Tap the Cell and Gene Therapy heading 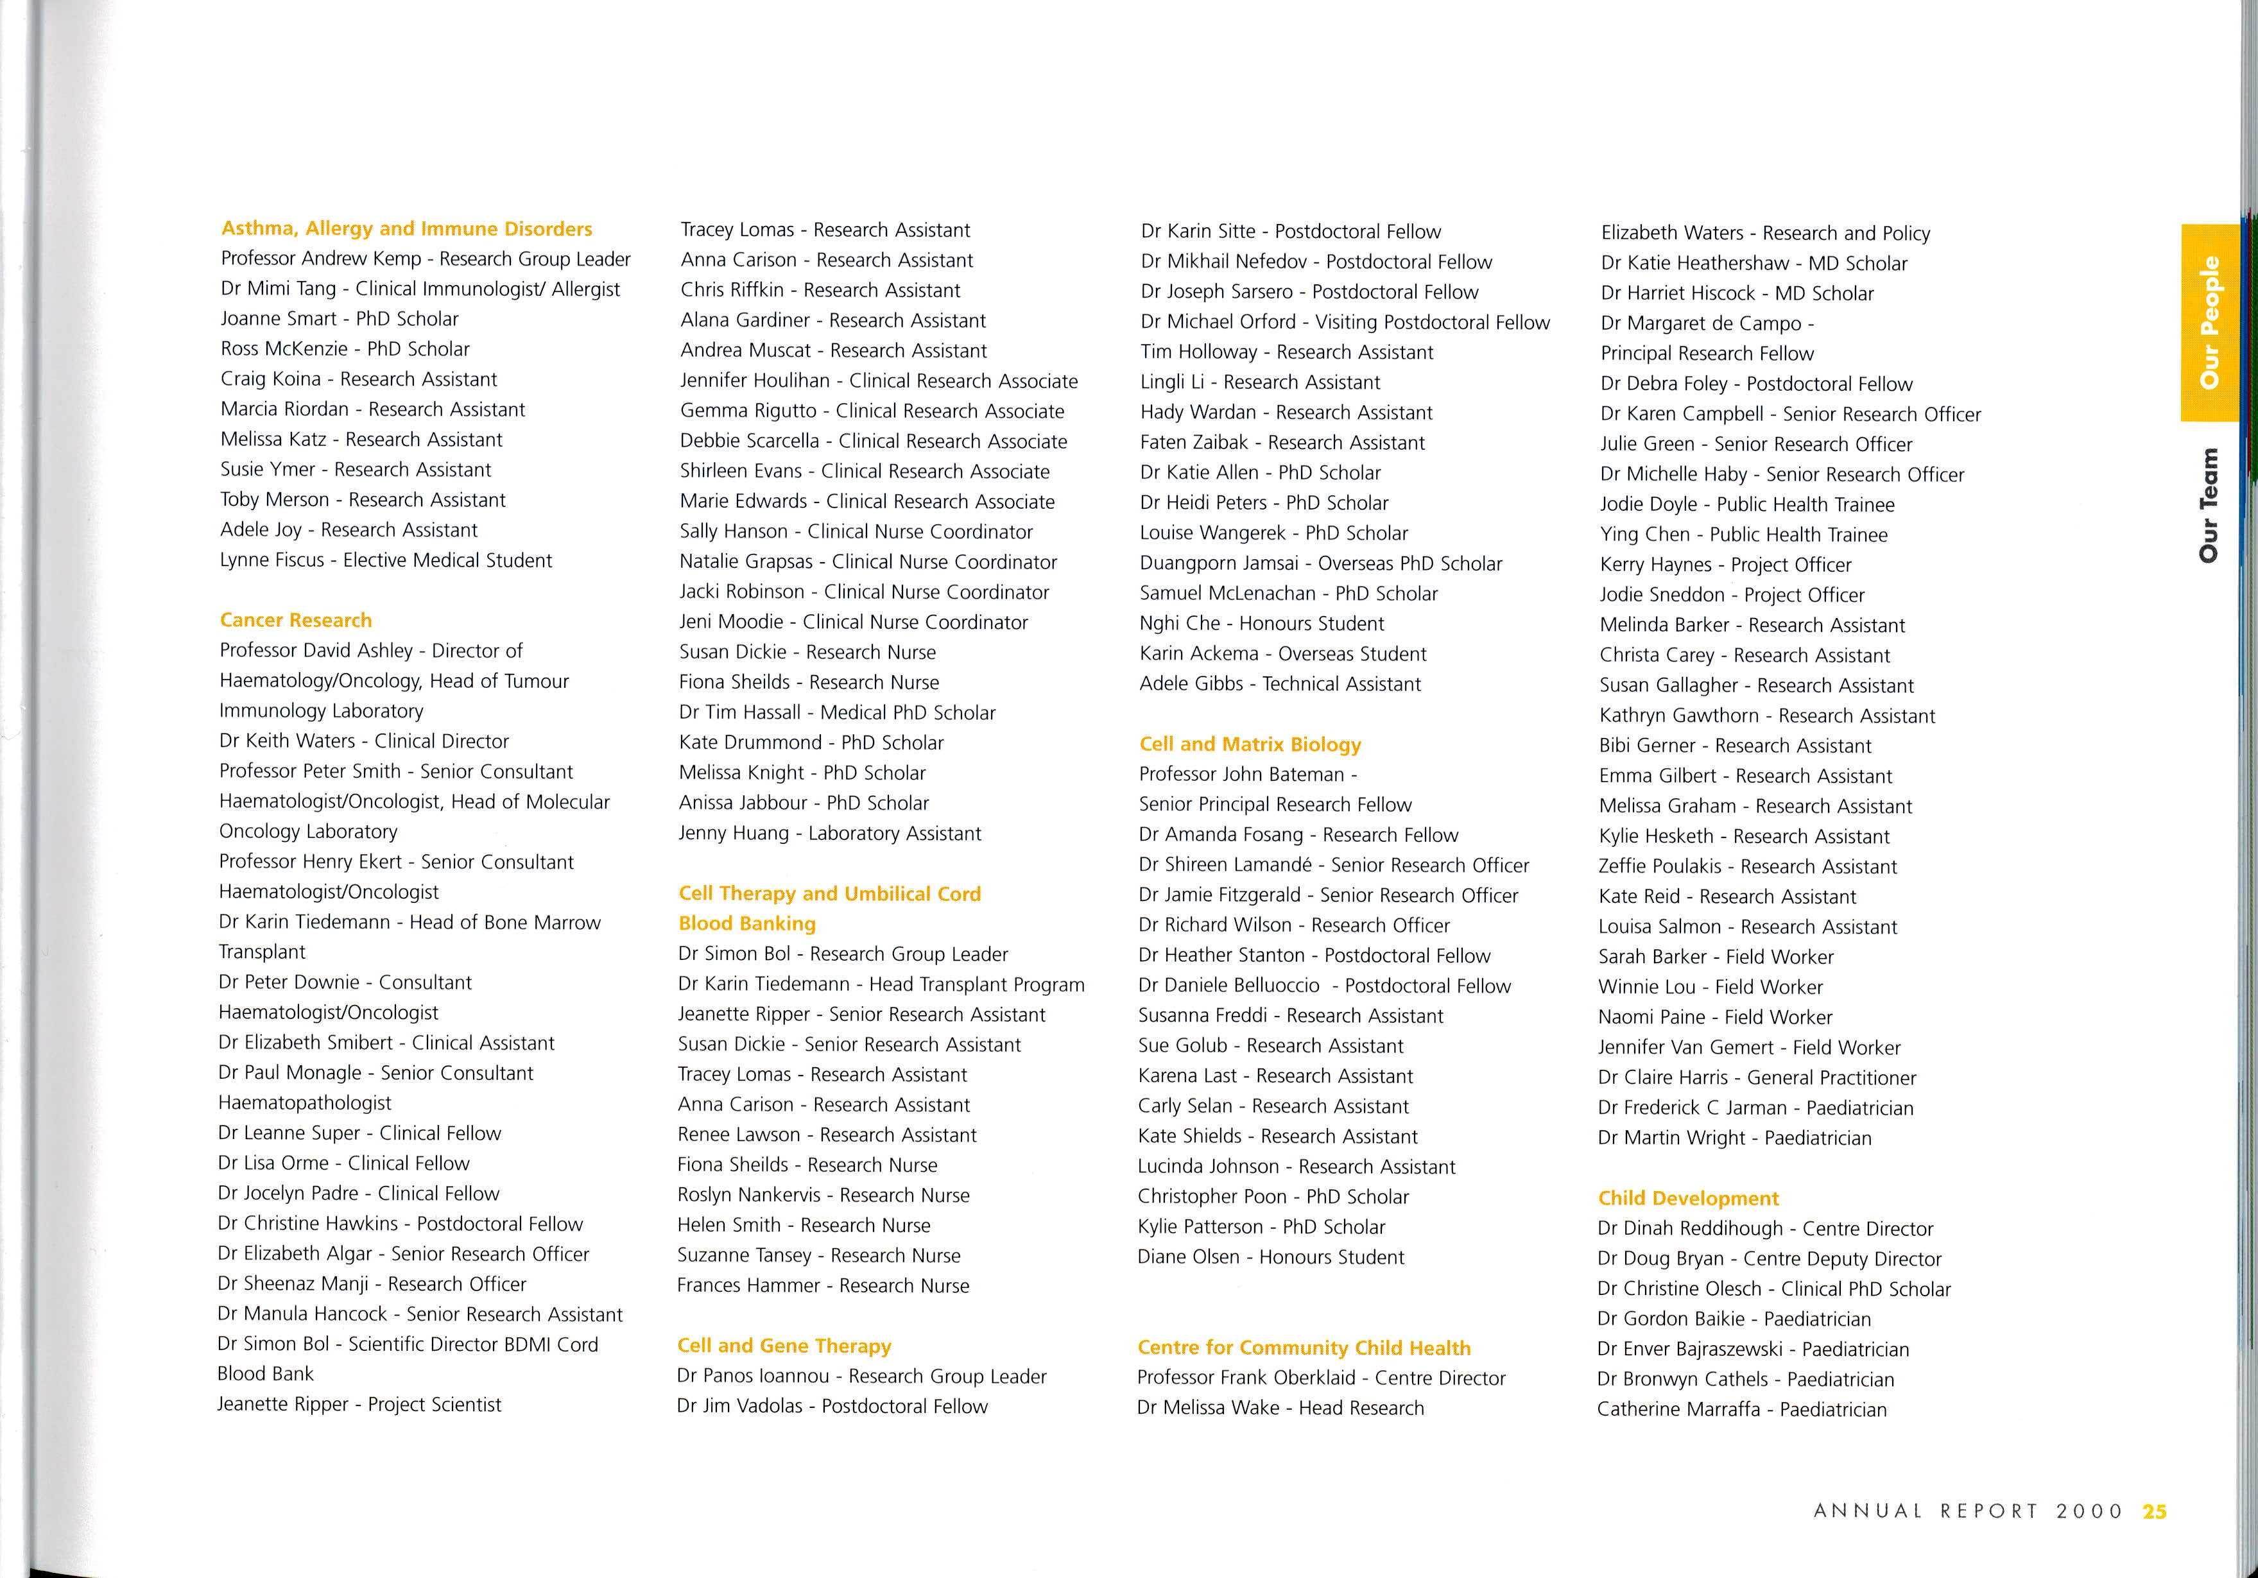pyautogui.click(x=784, y=1346)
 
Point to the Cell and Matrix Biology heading pyautogui.click(x=1250, y=744)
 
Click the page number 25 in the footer pyautogui.click(x=2154, y=1511)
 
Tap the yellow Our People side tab pyautogui.click(x=2209, y=323)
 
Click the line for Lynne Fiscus pyautogui.click(x=386, y=560)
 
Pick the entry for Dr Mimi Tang pyautogui.click(x=420, y=289)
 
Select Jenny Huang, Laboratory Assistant pyautogui.click(x=829, y=834)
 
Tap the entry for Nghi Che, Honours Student pyautogui.click(x=1261, y=623)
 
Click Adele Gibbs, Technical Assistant pyautogui.click(x=1279, y=684)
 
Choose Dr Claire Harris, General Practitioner pyautogui.click(x=1757, y=1077)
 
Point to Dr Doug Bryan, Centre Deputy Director pyautogui.click(x=1768, y=1258)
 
